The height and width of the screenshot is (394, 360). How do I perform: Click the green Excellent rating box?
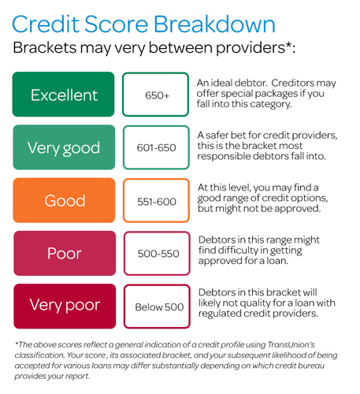pyautogui.click(x=63, y=95)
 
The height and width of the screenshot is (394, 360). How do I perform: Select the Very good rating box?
pyautogui.click(x=64, y=147)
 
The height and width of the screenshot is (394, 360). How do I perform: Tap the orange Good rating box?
pyautogui.click(x=64, y=200)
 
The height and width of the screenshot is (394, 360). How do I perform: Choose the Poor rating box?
pyautogui.click(x=65, y=253)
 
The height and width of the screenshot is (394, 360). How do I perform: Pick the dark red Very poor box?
pyautogui.click(x=65, y=306)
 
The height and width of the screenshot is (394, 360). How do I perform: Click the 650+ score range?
pyautogui.click(x=155, y=95)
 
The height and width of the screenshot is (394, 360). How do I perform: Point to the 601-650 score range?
pyautogui.click(x=156, y=147)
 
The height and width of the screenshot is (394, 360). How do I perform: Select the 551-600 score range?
pyautogui.click(x=157, y=200)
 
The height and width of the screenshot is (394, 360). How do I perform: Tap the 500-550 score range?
pyautogui.click(x=157, y=253)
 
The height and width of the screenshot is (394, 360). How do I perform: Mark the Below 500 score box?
pyautogui.click(x=157, y=307)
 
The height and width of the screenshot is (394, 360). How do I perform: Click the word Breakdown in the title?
pyautogui.click(x=214, y=24)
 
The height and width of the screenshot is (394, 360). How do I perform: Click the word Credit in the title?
pyautogui.click(x=46, y=24)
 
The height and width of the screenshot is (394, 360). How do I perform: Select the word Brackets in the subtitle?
pyautogui.click(x=45, y=48)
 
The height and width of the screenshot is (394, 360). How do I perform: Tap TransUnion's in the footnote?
pyautogui.click(x=291, y=344)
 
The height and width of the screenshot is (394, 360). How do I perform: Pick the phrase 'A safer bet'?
pyautogui.click(x=222, y=136)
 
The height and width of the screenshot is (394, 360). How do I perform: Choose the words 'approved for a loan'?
pyautogui.click(x=243, y=261)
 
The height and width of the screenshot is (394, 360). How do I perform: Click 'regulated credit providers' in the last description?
pyautogui.click(x=258, y=314)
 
